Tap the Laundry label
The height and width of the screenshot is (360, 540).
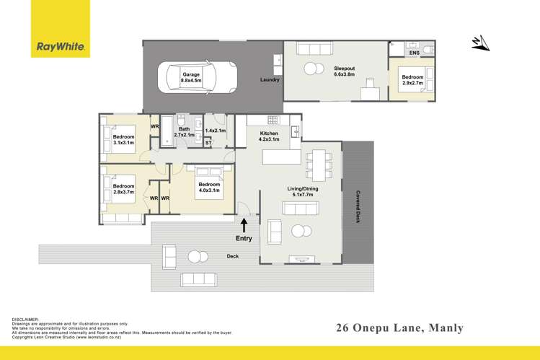(x=270, y=79)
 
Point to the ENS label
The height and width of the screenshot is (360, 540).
(x=414, y=53)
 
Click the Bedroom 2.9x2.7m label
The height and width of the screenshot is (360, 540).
(x=412, y=81)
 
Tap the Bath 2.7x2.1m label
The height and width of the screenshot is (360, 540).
(x=184, y=133)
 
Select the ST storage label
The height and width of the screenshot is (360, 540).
(x=208, y=143)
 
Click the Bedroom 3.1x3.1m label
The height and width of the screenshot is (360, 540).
(x=123, y=140)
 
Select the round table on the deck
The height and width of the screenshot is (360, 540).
(x=195, y=256)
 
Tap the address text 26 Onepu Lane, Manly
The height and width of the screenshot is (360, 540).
(x=400, y=328)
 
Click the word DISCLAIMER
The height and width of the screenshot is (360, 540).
(x=26, y=319)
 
